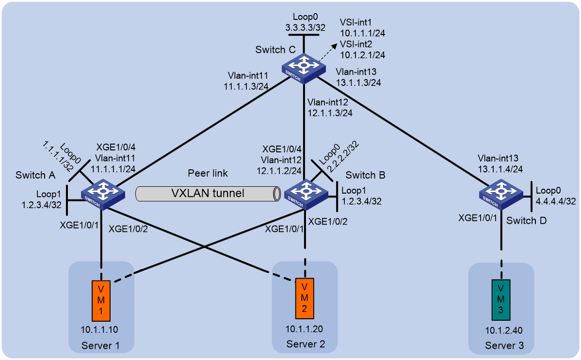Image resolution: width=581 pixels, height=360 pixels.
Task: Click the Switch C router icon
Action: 304,69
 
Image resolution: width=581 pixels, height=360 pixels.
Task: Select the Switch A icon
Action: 103,195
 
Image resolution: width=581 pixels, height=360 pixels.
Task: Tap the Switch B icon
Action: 306,195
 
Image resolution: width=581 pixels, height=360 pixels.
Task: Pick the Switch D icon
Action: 501,195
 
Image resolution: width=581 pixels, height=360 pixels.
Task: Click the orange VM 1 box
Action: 101,300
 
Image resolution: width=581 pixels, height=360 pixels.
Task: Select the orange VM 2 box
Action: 305,298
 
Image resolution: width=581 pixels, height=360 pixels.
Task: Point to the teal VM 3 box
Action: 501,300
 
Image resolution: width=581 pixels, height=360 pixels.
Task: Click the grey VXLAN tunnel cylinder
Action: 208,194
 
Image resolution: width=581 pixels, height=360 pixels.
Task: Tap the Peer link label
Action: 208,173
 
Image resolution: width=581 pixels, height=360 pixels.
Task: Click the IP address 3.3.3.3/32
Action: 306,28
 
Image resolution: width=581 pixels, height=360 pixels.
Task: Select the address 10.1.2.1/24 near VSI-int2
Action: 362,55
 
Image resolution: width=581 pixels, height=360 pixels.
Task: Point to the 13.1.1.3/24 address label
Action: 358,82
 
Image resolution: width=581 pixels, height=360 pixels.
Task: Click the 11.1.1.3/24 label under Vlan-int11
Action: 246,86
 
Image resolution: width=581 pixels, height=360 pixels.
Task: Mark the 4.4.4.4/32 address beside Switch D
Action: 556,201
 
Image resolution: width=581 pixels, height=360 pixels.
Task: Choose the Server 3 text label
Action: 504,345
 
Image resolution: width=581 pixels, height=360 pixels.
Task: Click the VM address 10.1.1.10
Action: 100,329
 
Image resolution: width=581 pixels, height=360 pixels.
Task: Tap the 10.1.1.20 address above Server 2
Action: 304,329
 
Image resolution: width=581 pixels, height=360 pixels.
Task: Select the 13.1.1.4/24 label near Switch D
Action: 500,169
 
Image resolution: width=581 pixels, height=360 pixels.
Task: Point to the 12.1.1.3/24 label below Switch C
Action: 330,113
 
